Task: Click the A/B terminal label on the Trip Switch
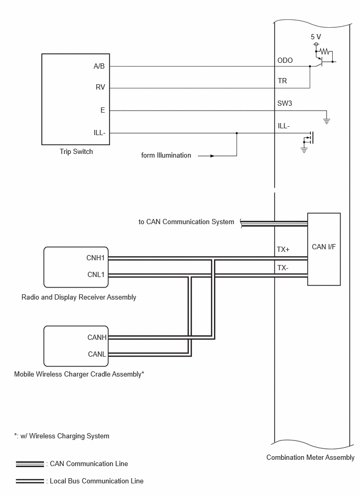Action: coord(99,66)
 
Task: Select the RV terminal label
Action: coord(100,87)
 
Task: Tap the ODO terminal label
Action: coord(285,60)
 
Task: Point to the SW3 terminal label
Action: coord(285,103)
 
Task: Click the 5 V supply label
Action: coord(316,37)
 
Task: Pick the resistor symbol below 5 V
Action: coord(325,51)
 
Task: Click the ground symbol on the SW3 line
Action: coord(327,120)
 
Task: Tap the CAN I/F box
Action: coord(324,249)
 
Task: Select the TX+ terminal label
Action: coord(283,250)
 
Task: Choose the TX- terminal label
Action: coord(283,268)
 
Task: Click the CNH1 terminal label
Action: coord(95,258)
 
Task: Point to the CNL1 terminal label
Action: coord(96,274)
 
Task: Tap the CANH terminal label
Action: coord(97,338)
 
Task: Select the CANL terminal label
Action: coord(97,354)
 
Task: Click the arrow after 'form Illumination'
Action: coord(207,156)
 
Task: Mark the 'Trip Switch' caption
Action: coord(76,151)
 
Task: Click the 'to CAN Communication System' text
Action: coord(186,222)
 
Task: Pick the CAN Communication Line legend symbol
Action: coord(30,464)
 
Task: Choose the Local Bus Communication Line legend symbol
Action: coord(30,481)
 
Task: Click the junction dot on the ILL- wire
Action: coord(237,133)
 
